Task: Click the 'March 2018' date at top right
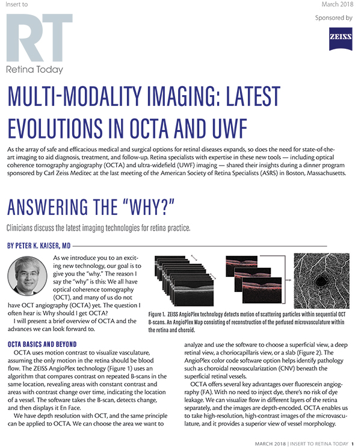tap(336, 4)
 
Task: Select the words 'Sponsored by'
tap(334, 18)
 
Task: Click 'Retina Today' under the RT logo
tap(34, 69)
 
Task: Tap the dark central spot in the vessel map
tap(328, 282)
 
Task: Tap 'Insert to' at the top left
tap(16, 4)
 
